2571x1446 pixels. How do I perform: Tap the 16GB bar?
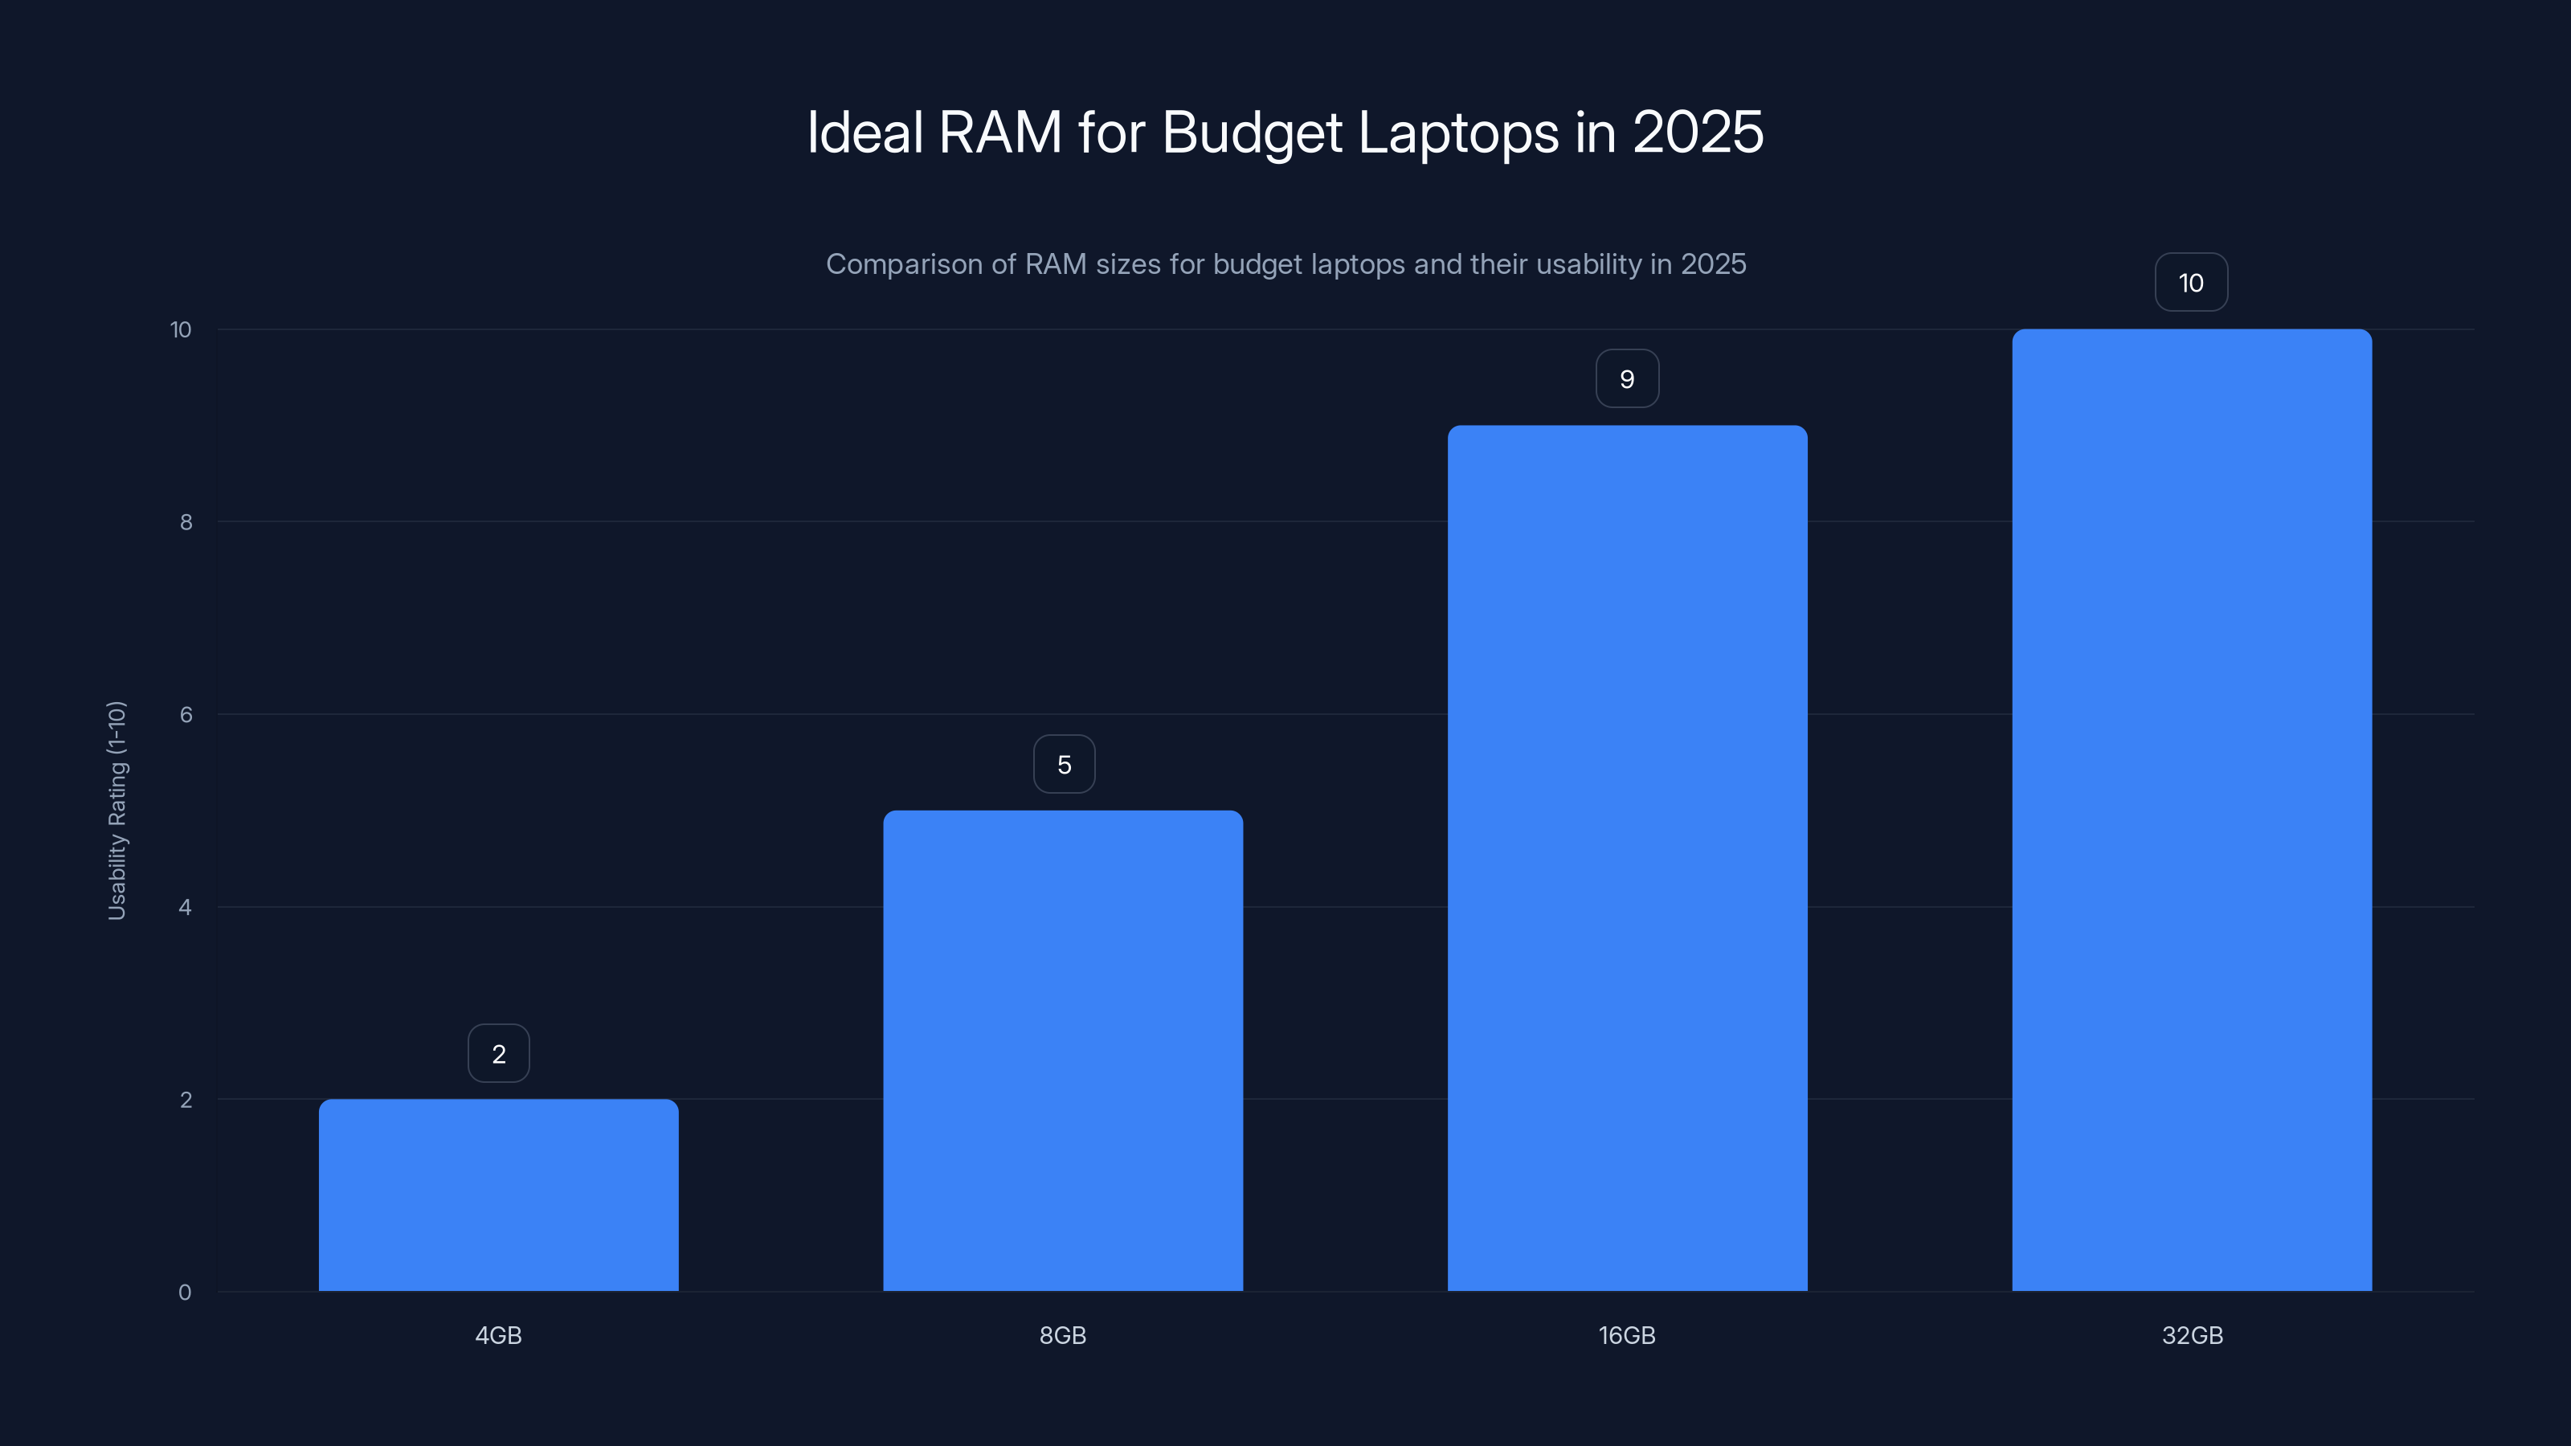tap(1627, 858)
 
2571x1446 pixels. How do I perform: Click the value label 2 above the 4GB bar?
tap(499, 1054)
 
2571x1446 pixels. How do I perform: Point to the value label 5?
tap(1064, 765)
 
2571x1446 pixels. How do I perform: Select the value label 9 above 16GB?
tap(1627, 379)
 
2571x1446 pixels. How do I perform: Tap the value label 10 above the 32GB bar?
tap(2191, 284)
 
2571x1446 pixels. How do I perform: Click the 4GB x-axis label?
tap(498, 1335)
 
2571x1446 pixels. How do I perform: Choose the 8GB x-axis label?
tap(1063, 1335)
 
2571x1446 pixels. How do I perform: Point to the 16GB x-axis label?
tap(1627, 1335)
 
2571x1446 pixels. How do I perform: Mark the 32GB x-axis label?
tap(2192, 1335)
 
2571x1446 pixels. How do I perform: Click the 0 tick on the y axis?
tap(185, 1293)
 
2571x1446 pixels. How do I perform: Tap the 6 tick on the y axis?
tap(186, 714)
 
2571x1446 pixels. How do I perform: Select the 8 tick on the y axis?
tap(186, 522)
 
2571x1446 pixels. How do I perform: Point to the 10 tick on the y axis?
tap(181, 329)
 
